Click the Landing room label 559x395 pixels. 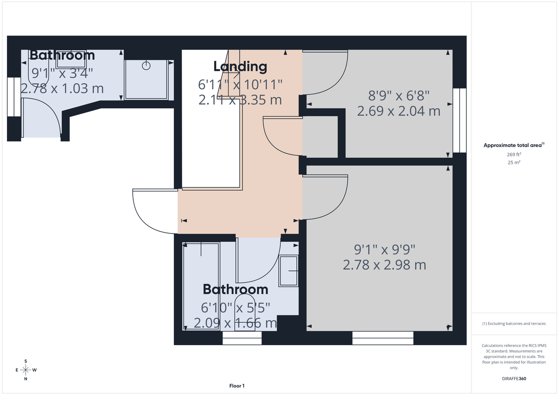[240, 67]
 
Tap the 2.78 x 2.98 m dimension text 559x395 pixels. [384, 265]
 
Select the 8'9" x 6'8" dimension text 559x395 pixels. [398, 96]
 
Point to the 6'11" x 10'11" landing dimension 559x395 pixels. [240, 85]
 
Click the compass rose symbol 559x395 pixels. [26, 370]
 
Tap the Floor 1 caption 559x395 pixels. [237, 386]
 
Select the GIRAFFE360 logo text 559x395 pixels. [514, 379]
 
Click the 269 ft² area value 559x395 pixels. [514, 154]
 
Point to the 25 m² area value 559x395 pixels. [514, 162]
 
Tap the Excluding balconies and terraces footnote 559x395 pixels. [514, 323]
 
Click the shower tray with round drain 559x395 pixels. [147, 79]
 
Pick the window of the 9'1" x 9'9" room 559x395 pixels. [383, 338]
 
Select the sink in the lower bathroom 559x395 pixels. [289, 271]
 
